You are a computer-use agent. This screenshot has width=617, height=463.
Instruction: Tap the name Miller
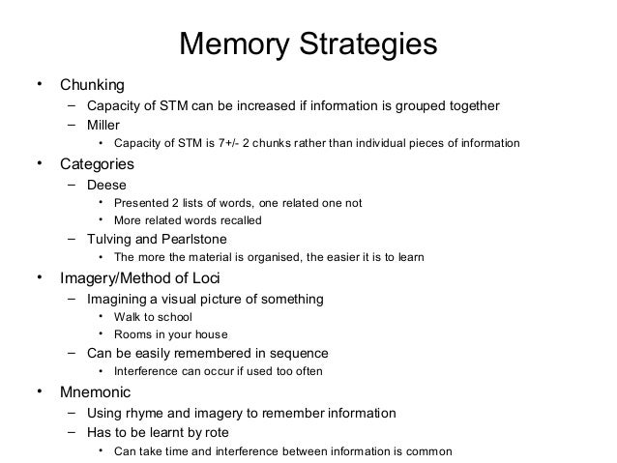(x=104, y=125)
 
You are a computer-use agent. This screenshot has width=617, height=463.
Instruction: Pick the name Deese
(x=106, y=184)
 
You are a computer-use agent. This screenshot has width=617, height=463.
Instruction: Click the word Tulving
(x=111, y=238)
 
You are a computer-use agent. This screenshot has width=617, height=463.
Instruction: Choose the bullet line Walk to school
(x=153, y=317)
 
